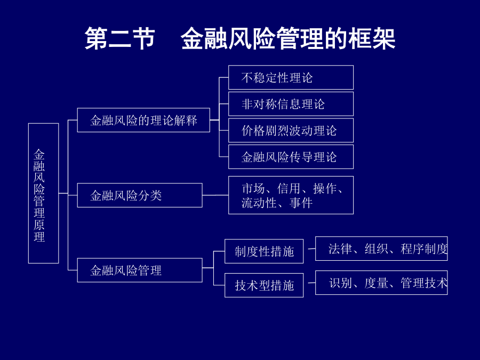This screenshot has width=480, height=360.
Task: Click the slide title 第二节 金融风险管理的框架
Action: click(239, 38)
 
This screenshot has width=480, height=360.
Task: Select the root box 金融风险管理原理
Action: click(44, 193)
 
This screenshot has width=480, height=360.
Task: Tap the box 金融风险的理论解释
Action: click(143, 120)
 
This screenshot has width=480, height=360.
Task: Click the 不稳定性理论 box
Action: click(291, 77)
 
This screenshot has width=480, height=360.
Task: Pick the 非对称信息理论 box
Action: click(291, 104)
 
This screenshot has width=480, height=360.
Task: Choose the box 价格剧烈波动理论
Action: click(291, 131)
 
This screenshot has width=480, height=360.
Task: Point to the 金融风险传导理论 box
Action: click(291, 157)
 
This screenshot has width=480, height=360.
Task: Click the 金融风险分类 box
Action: click(140, 195)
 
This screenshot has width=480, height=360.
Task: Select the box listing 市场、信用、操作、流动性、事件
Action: click(291, 195)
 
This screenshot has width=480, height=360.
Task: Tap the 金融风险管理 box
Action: click(140, 270)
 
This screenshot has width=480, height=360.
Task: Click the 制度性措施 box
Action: click(264, 251)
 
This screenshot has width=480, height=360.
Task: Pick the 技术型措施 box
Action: click(264, 285)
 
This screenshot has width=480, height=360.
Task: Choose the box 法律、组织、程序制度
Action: click(381, 249)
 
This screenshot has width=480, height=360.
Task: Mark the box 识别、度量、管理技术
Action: click(381, 283)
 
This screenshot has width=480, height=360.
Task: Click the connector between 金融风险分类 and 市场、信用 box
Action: click(215, 195)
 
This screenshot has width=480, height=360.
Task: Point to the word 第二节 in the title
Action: click(119, 38)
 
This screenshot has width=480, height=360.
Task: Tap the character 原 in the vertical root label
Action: click(39, 225)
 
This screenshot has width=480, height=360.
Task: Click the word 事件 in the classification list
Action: click(301, 203)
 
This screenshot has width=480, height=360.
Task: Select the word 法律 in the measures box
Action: click(340, 249)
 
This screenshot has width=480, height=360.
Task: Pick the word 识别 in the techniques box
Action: click(340, 283)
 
